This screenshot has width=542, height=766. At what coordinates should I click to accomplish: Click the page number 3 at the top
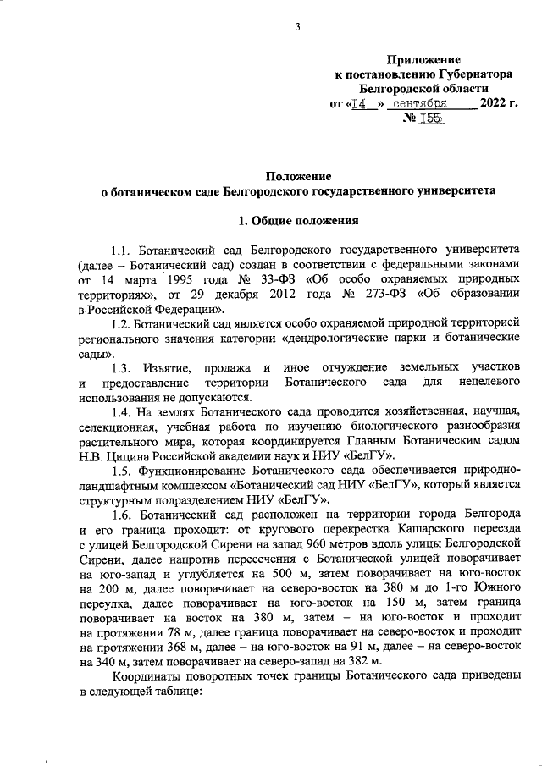pos(298,27)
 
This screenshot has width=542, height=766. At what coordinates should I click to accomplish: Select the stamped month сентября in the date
pos(423,104)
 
